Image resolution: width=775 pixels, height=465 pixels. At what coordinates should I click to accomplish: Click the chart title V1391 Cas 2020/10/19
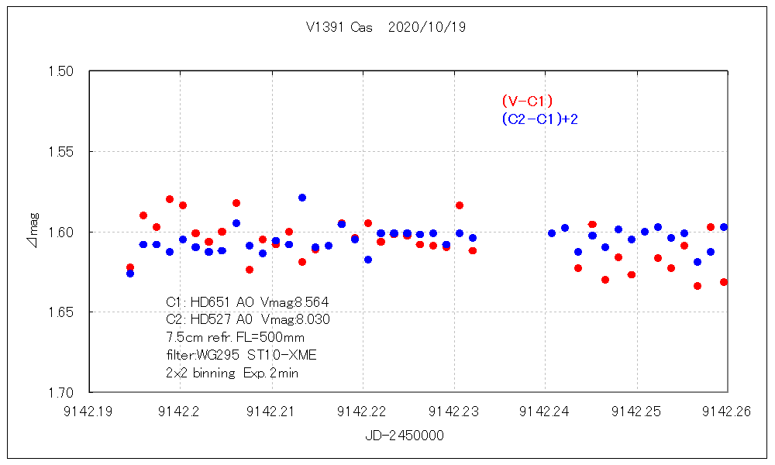[x=386, y=27]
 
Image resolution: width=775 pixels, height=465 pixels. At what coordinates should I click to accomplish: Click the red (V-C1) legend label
[x=527, y=101]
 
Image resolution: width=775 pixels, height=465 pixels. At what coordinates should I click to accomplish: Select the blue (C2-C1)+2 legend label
[x=540, y=119]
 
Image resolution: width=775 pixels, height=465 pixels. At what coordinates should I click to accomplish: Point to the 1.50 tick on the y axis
[x=60, y=71]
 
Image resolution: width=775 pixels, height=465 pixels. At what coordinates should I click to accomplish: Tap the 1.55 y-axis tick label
[x=60, y=152]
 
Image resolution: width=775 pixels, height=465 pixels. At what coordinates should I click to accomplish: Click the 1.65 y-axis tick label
[x=60, y=312]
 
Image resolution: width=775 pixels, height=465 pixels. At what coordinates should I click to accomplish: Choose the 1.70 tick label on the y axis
[x=60, y=393]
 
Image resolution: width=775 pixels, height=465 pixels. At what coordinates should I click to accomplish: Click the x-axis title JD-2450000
[x=405, y=436]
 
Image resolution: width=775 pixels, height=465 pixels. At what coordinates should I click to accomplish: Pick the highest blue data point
[x=302, y=198]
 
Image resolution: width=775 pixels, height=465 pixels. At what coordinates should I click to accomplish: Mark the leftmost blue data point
[x=130, y=274]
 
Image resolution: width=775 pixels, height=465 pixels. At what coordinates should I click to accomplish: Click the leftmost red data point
[x=130, y=267]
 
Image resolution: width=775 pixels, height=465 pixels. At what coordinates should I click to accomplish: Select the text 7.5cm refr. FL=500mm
[x=236, y=337]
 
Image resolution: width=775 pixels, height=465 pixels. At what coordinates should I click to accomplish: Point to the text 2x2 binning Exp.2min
[x=232, y=373]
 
